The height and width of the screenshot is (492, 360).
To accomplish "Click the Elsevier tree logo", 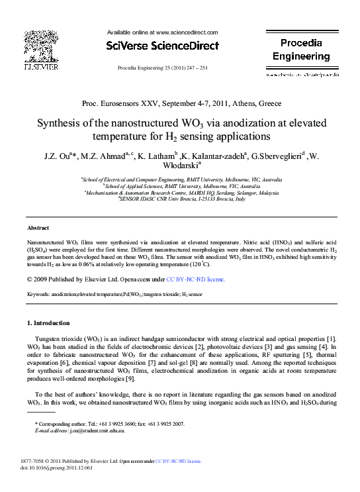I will tap(41, 48).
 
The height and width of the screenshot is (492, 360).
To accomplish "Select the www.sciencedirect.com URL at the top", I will tap(185, 32).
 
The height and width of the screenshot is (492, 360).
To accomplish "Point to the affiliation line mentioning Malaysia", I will tap(180, 192).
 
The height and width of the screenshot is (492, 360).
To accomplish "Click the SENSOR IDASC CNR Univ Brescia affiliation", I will tap(180, 198).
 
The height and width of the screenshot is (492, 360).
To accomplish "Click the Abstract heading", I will tap(38, 227).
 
